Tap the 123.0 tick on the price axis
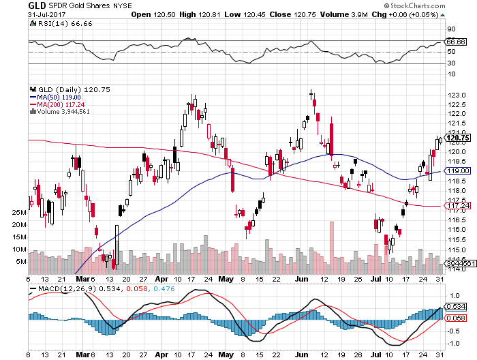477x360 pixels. coord(456,94)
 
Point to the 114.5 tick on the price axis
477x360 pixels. coord(456,258)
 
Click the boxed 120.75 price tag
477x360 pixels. coord(455,138)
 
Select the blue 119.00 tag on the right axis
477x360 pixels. coord(455,170)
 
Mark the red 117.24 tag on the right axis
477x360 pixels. coord(455,205)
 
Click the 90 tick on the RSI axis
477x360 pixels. coord(450,29)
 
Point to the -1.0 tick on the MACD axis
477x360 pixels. coord(452,343)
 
